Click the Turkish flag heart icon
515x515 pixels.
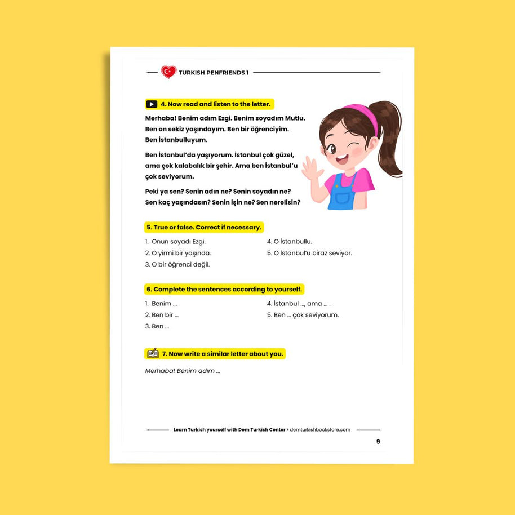(168, 72)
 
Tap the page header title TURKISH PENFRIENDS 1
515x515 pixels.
(213, 73)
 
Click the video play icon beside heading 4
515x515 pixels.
(152, 104)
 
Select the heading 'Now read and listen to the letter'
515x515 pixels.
(216, 104)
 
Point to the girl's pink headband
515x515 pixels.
(363, 116)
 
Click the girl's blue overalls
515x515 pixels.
(341, 194)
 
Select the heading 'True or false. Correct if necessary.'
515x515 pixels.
(204, 228)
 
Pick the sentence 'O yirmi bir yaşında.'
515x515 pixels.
(178, 253)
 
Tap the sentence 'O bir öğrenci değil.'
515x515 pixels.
(177, 264)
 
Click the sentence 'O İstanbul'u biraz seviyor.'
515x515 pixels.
(309, 253)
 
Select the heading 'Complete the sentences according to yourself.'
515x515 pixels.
(224, 290)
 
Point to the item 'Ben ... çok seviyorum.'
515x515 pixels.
(303, 315)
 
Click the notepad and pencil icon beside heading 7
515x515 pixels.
(152, 354)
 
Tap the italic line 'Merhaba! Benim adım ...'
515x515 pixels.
(183, 371)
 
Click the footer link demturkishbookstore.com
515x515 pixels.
(319, 430)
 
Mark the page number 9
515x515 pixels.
(378, 442)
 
